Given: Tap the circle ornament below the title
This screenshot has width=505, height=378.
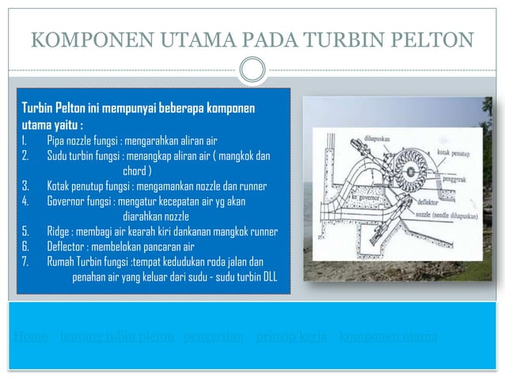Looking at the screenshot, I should tap(252, 70).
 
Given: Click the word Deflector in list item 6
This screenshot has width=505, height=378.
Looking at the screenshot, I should tap(67, 247).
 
